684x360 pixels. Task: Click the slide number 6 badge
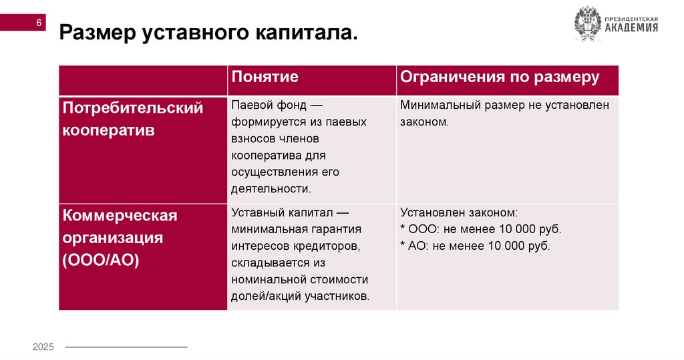(x=39, y=23)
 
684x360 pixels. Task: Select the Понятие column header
(x=265, y=77)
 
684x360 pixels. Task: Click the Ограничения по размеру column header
(x=499, y=77)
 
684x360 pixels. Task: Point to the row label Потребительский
(x=132, y=108)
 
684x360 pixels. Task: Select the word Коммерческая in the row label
(x=120, y=216)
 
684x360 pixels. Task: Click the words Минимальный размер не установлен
(x=504, y=106)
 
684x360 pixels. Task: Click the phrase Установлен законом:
(x=458, y=213)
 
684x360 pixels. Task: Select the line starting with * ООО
(x=480, y=230)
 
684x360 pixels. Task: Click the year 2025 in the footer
(x=43, y=347)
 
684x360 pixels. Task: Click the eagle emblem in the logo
(x=588, y=24)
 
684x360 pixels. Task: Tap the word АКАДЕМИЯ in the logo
(x=631, y=28)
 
